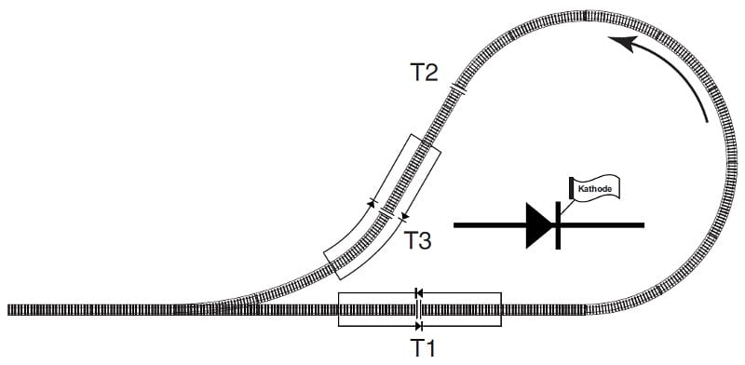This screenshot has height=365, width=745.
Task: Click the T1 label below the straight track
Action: [423, 349]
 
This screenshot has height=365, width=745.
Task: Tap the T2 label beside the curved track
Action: [425, 74]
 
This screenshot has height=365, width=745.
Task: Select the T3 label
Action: [417, 240]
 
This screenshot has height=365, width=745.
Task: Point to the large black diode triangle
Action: [540, 225]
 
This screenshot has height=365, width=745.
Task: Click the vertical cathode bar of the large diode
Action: [558, 225]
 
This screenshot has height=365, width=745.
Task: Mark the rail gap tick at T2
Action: [458, 88]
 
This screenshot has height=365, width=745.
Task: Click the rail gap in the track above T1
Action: [418, 309]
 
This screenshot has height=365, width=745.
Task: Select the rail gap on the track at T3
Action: [386, 212]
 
